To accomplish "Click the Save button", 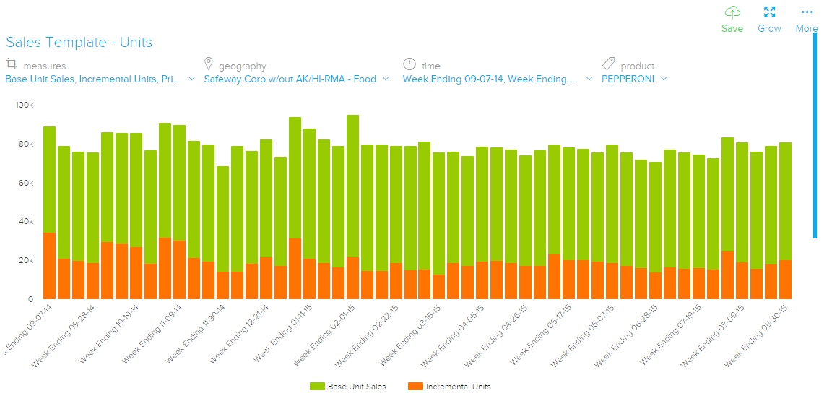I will (x=732, y=19).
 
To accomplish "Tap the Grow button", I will (x=769, y=19).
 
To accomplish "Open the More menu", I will (x=807, y=19).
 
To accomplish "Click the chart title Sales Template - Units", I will (x=79, y=43).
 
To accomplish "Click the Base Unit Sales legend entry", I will (x=348, y=387).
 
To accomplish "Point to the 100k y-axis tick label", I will (x=25, y=106).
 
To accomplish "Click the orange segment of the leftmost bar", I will (x=49, y=266).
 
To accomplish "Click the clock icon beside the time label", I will (x=409, y=64).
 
